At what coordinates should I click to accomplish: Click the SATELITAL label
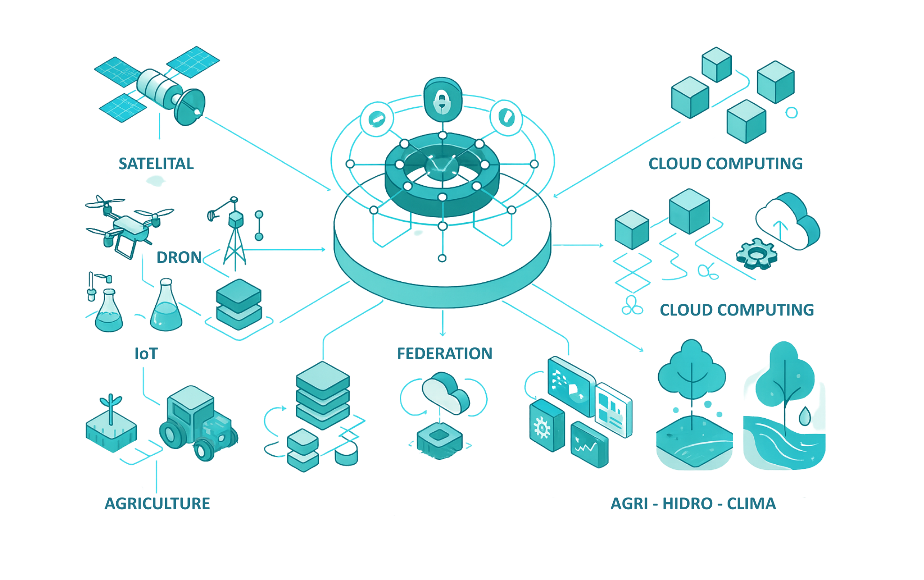pyautogui.click(x=156, y=164)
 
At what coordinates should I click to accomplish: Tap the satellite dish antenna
pyautogui.click(x=190, y=107)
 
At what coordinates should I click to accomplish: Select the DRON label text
pyautogui.click(x=179, y=257)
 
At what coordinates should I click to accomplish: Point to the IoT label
pyautogui.click(x=146, y=354)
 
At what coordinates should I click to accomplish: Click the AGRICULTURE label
pyautogui.click(x=157, y=504)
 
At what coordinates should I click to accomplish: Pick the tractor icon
pyautogui.click(x=197, y=422)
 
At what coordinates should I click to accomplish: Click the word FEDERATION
pyautogui.click(x=444, y=354)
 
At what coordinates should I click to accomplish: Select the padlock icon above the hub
pyautogui.click(x=442, y=101)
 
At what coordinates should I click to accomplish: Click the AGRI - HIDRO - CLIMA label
pyautogui.click(x=693, y=504)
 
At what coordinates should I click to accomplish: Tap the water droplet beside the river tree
pyautogui.click(x=804, y=416)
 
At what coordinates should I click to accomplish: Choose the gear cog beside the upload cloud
pyautogui.click(x=756, y=255)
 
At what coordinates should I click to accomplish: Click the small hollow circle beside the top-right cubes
pyautogui.click(x=791, y=113)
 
